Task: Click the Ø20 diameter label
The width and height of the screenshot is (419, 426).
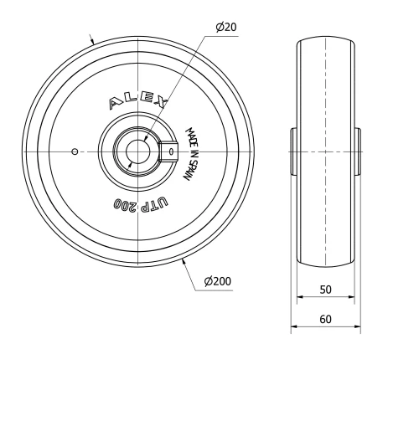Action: [226, 27]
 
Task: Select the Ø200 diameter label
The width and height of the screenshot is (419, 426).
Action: [218, 281]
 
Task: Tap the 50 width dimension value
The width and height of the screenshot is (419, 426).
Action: [325, 289]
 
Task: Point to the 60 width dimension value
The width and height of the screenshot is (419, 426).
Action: [325, 319]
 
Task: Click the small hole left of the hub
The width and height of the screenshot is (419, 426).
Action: [75, 151]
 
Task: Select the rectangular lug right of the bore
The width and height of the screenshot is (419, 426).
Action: [169, 151]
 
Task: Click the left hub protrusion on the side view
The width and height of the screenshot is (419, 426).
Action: [294, 151]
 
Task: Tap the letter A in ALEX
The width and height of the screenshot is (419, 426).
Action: [115, 105]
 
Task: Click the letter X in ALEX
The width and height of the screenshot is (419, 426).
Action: [160, 100]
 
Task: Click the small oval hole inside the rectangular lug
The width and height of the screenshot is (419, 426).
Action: [172, 151]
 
